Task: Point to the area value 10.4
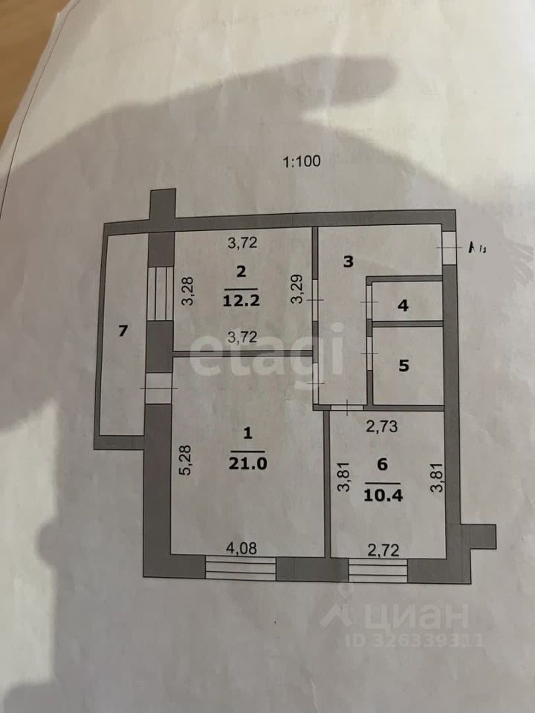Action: click(x=382, y=493)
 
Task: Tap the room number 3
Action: click(x=346, y=261)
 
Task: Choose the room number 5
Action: click(x=403, y=365)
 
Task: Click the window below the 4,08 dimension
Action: click(x=241, y=570)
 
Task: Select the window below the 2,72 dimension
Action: click(x=378, y=570)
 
